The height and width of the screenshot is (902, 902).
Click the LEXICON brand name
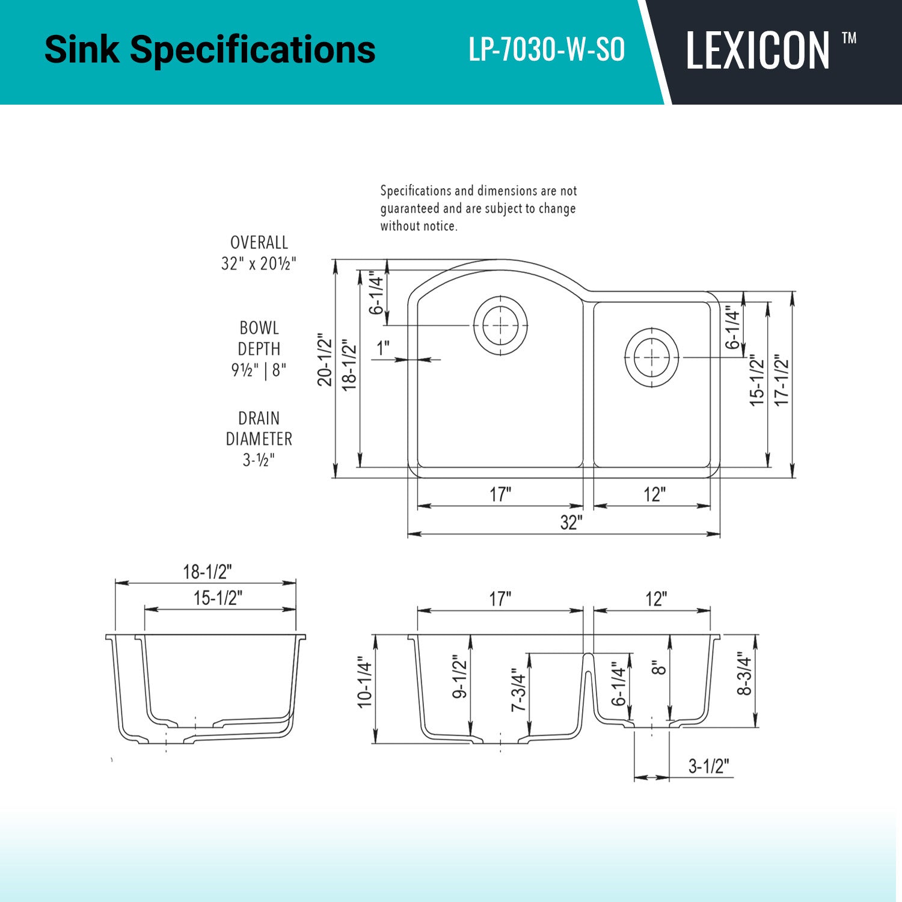[x=758, y=51]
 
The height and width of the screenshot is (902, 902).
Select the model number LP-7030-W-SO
[x=547, y=50]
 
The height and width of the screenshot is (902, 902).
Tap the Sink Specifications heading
[x=210, y=49]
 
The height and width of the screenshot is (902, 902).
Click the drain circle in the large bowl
[x=500, y=325]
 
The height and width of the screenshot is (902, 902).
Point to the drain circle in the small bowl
[x=652, y=358]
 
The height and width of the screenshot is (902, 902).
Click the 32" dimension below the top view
[x=571, y=522]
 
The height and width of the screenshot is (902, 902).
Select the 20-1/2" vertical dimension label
[x=325, y=359]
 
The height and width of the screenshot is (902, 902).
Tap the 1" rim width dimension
[x=383, y=348]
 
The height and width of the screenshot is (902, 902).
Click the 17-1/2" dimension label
[x=781, y=379]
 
